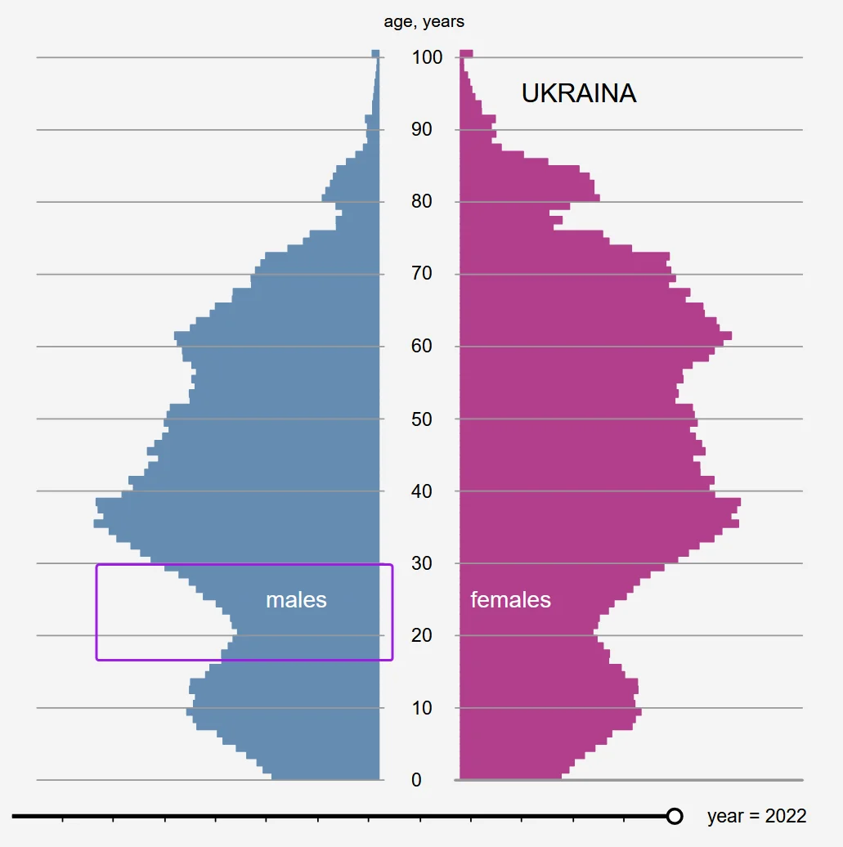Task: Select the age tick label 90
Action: (x=422, y=129)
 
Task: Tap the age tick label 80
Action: (x=422, y=202)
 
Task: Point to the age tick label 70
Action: (x=422, y=274)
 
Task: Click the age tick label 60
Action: (x=422, y=347)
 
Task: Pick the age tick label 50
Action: (x=422, y=419)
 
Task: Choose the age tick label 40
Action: (x=422, y=491)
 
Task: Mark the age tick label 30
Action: (x=422, y=563)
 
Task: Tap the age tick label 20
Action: (x=422, y=636)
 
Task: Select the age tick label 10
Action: (x=422, y=708)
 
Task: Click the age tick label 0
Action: (x=417, y=780)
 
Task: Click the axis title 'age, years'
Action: (x=424, y=22)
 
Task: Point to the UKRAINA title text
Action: (x=579, y=94)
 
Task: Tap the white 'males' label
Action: (x=296, y=600)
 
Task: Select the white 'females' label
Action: (x=510, y=600)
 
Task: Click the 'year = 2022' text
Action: (x=756, y=816)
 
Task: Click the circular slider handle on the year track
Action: (x=675, y=816)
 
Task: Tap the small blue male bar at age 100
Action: (x=376, y=54)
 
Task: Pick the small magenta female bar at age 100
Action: (x=466, y=54)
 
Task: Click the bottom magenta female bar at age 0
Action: (x=510, y=775)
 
